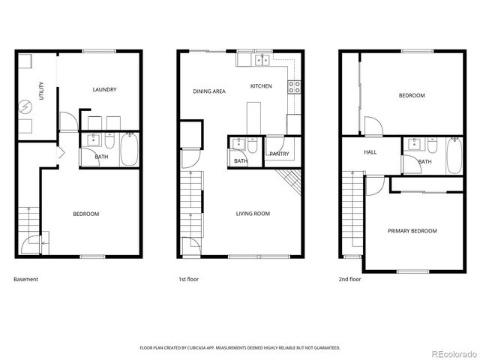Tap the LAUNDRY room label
(x=104, y=90)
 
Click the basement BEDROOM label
(x=85, y=214)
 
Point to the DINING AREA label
(x=209, y=91)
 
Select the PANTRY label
(x=279, y=154)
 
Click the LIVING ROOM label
(x=253, y=214)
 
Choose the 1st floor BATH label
(x=240, y=161)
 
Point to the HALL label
(x=370, y=152)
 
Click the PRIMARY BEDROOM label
(x=412, y=231)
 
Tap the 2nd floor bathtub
(x=454, y=154)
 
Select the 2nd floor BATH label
(x=424, y=161)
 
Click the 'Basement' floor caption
(x=25, y=279)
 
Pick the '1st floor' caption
(x=188, y=279)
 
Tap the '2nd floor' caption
(x=349, y=279)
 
